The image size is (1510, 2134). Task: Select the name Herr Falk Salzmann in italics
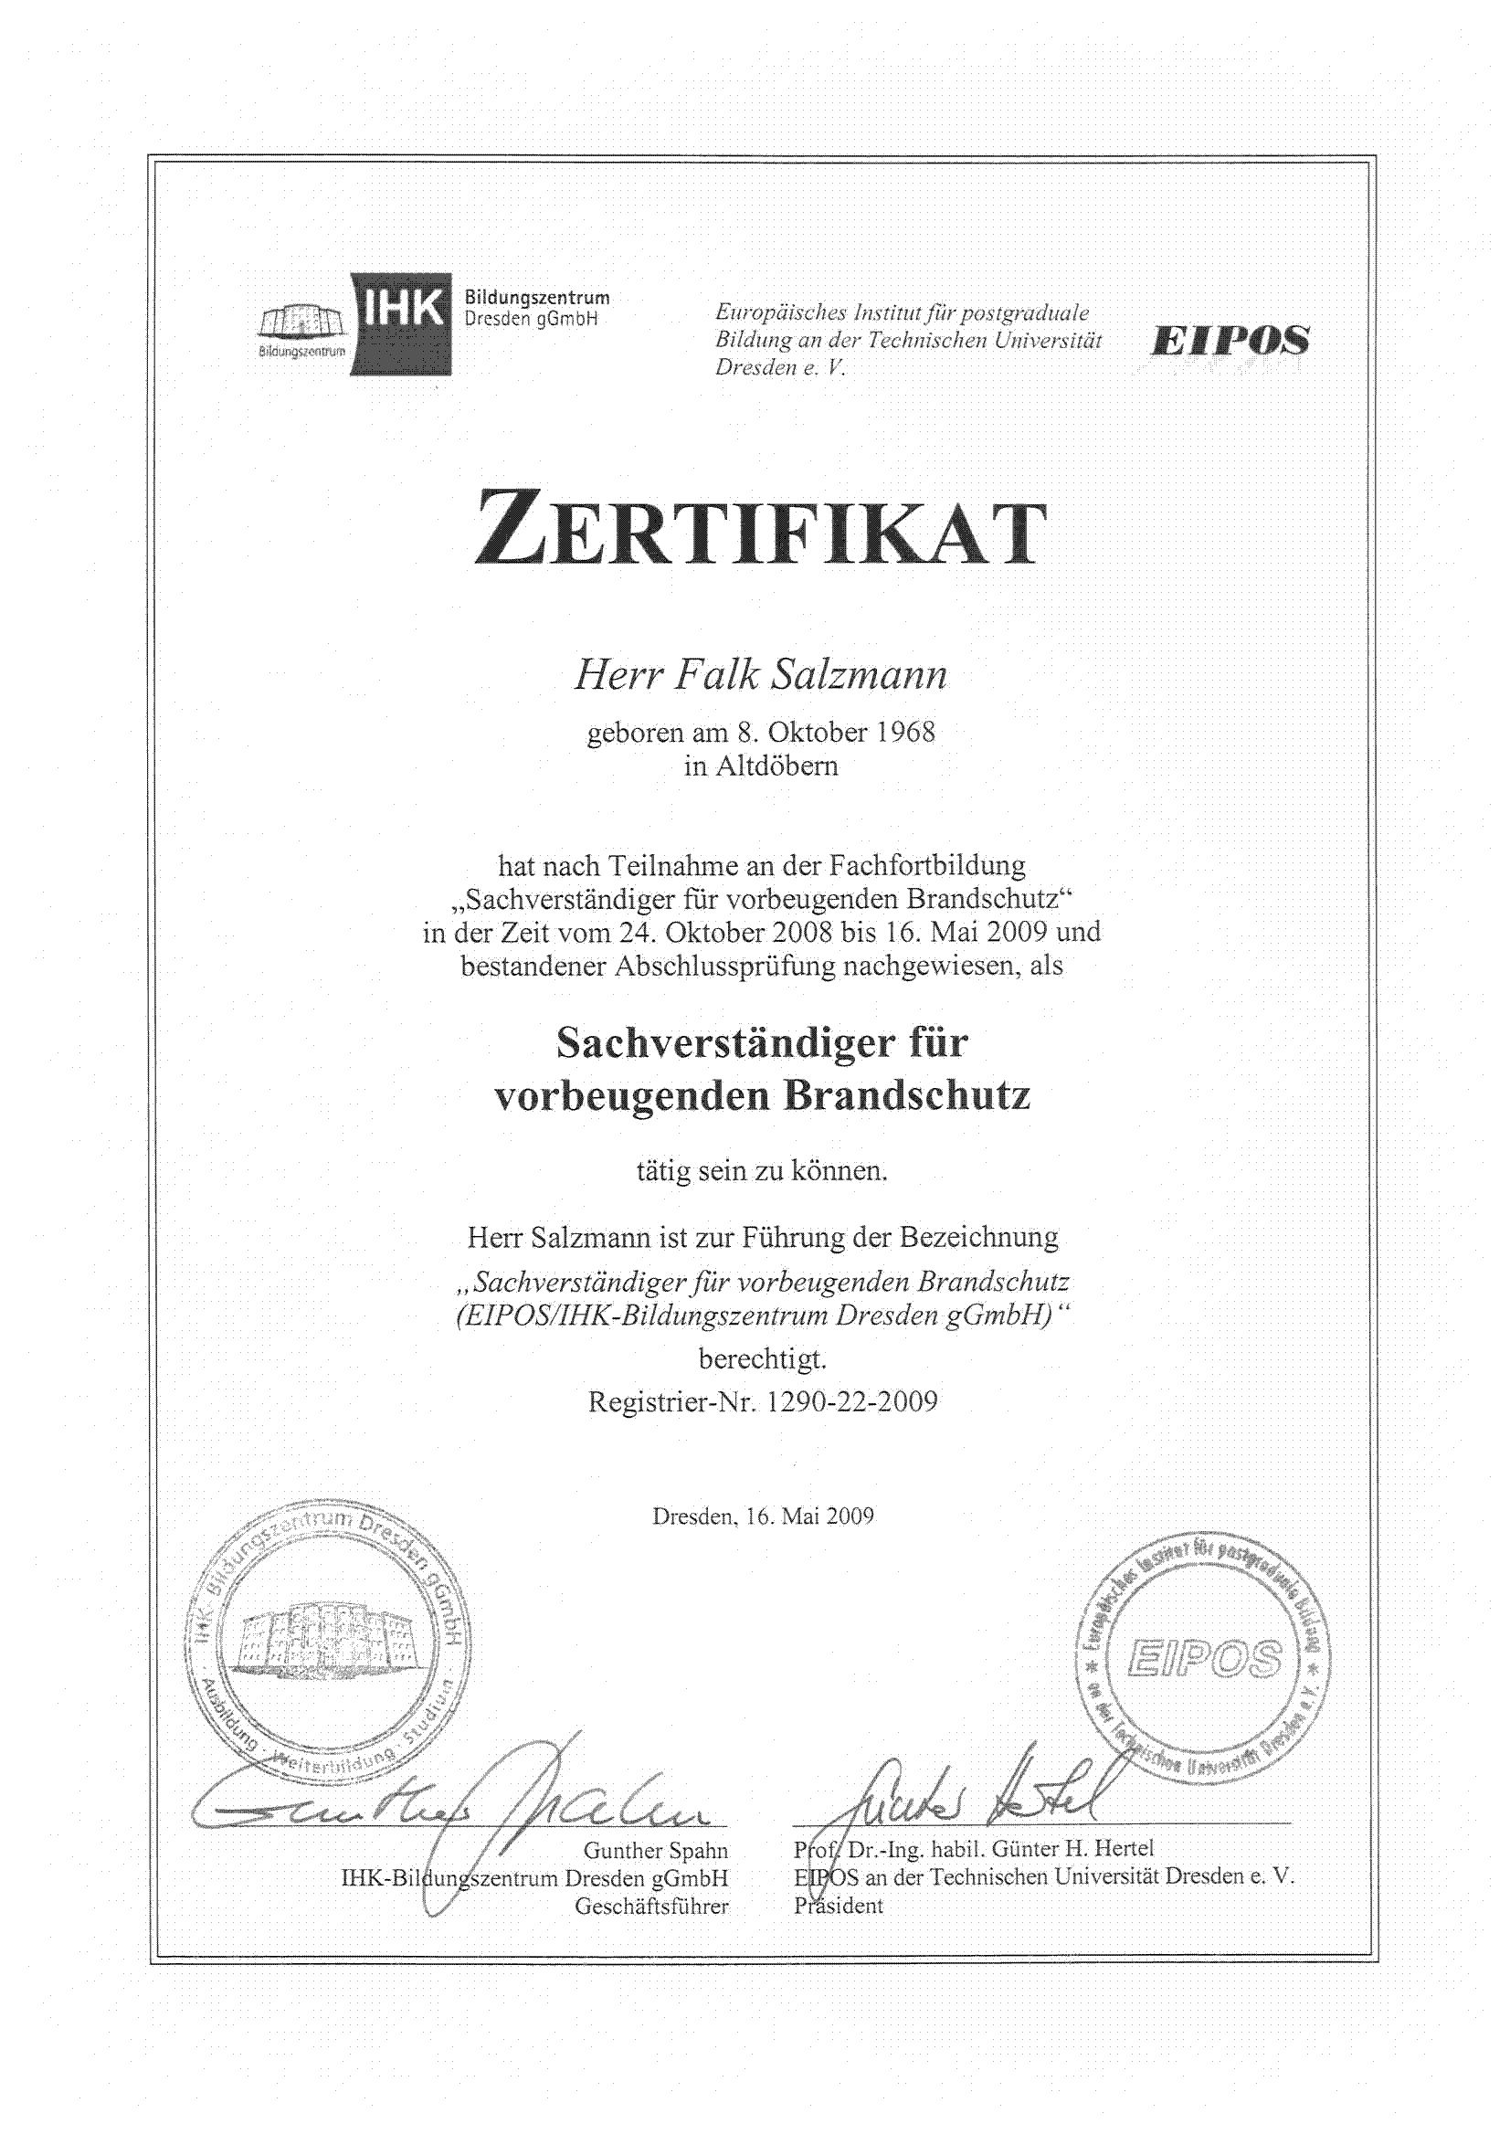(760, 674)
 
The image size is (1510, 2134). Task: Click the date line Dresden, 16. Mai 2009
(763, 1516)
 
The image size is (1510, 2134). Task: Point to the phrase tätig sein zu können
(762, 1170)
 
